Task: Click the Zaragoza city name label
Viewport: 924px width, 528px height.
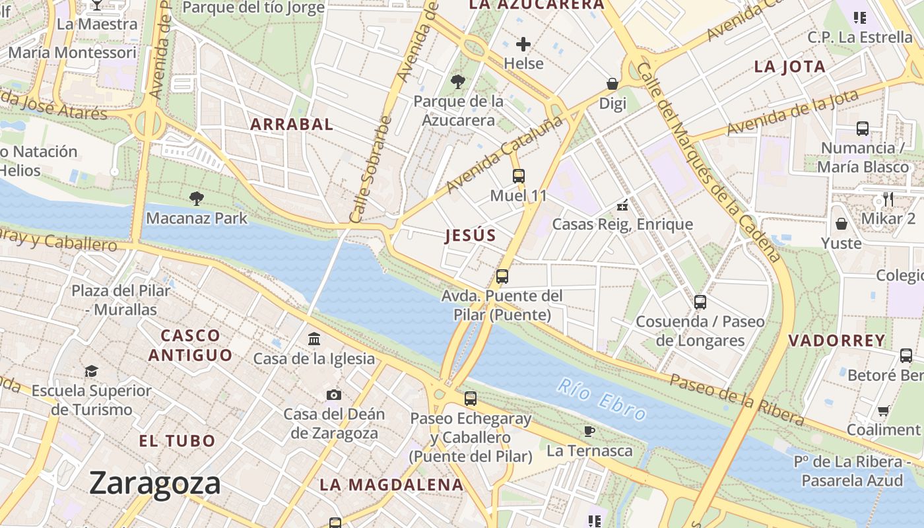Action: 154,483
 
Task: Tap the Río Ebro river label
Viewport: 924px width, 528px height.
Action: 601,399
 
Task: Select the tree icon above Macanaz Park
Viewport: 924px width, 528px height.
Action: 196,198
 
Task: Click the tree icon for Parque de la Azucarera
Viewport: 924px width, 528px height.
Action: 457,82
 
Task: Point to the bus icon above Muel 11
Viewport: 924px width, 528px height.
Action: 519,176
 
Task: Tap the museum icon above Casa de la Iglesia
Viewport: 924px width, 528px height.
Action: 314,339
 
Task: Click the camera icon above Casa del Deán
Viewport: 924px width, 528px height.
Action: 334,395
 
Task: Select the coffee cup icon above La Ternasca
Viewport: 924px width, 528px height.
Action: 589,431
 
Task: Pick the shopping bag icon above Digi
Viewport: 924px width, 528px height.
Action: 612,84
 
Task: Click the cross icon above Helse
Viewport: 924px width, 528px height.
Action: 523,44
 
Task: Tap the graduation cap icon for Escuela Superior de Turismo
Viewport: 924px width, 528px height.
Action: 91,372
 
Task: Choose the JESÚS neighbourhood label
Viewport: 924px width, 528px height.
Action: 471,236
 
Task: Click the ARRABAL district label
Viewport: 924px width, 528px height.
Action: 292,124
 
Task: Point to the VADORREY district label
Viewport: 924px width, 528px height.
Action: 837,341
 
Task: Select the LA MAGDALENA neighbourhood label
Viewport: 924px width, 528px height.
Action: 391,484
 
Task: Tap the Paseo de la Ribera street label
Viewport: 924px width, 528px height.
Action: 737,399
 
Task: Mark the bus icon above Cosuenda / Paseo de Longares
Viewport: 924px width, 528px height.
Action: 700,302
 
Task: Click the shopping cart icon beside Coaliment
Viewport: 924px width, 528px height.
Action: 883,411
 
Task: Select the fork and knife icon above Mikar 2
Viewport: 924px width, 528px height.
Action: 888,199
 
